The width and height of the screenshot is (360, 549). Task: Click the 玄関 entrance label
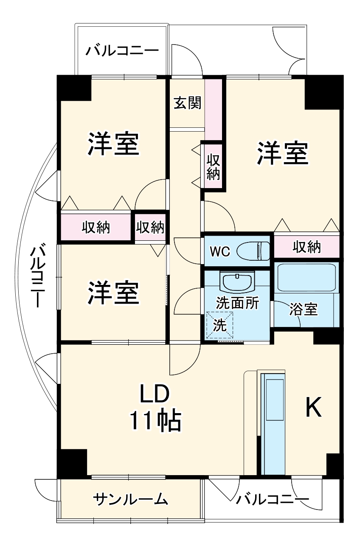point(187,103)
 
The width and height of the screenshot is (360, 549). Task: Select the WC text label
point(219,251)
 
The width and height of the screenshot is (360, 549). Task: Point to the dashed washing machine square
point(219,325)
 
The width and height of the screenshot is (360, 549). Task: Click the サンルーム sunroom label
point(131,499)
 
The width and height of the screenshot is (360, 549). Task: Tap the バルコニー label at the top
point(122,51)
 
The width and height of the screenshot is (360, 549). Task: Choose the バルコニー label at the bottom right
point(273,498)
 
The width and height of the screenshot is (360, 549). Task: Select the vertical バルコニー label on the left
point(38,276)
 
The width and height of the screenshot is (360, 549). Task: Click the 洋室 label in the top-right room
point(282,153)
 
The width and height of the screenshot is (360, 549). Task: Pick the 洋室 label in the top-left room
point(113,144)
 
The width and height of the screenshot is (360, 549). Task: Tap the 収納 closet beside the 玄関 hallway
point(213,166)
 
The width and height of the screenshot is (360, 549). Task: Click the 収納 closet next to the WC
point(307,247)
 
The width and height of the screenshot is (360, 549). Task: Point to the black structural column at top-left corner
point(75,87)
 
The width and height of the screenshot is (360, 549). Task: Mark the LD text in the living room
point(155,394)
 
